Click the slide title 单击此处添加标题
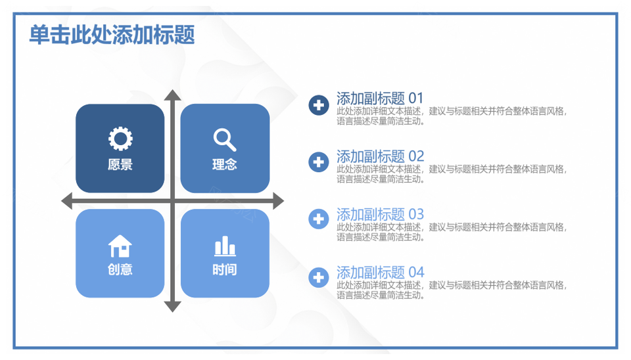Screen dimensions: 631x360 click(x=112, y=35)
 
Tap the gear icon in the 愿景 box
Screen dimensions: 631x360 click(x=120, y=139)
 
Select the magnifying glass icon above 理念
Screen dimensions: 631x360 click(x=225, y=139)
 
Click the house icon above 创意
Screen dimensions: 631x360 click(x=120, y=246)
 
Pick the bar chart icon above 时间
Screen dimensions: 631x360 click(x=225, y=246)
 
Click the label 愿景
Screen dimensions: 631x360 click(x=120, y=164)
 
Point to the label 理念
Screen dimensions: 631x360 click(x=225, y=164)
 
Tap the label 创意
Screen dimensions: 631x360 click(x=120, y=269)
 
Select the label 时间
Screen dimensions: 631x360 click(x=225, y=269)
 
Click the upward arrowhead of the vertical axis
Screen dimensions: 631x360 click(x=173, y=95)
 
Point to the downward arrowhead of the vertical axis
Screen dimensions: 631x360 click(x=173, y=307)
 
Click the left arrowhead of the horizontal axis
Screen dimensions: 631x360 click(x=66, y=201)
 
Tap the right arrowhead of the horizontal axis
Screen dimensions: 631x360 click(x=279, y=201)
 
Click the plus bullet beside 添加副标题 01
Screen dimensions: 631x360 click(x=319, y=105)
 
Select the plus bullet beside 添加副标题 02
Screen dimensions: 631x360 click(x=319, y=162)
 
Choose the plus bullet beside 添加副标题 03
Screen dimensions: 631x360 click(x=319, y=219)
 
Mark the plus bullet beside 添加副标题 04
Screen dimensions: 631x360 click(x=319, y=277)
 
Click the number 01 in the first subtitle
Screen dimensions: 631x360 click(x=416, y=98)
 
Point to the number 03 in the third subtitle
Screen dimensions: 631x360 click(x=416, y=214)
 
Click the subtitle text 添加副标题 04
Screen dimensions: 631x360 click(x=381, y=273)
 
